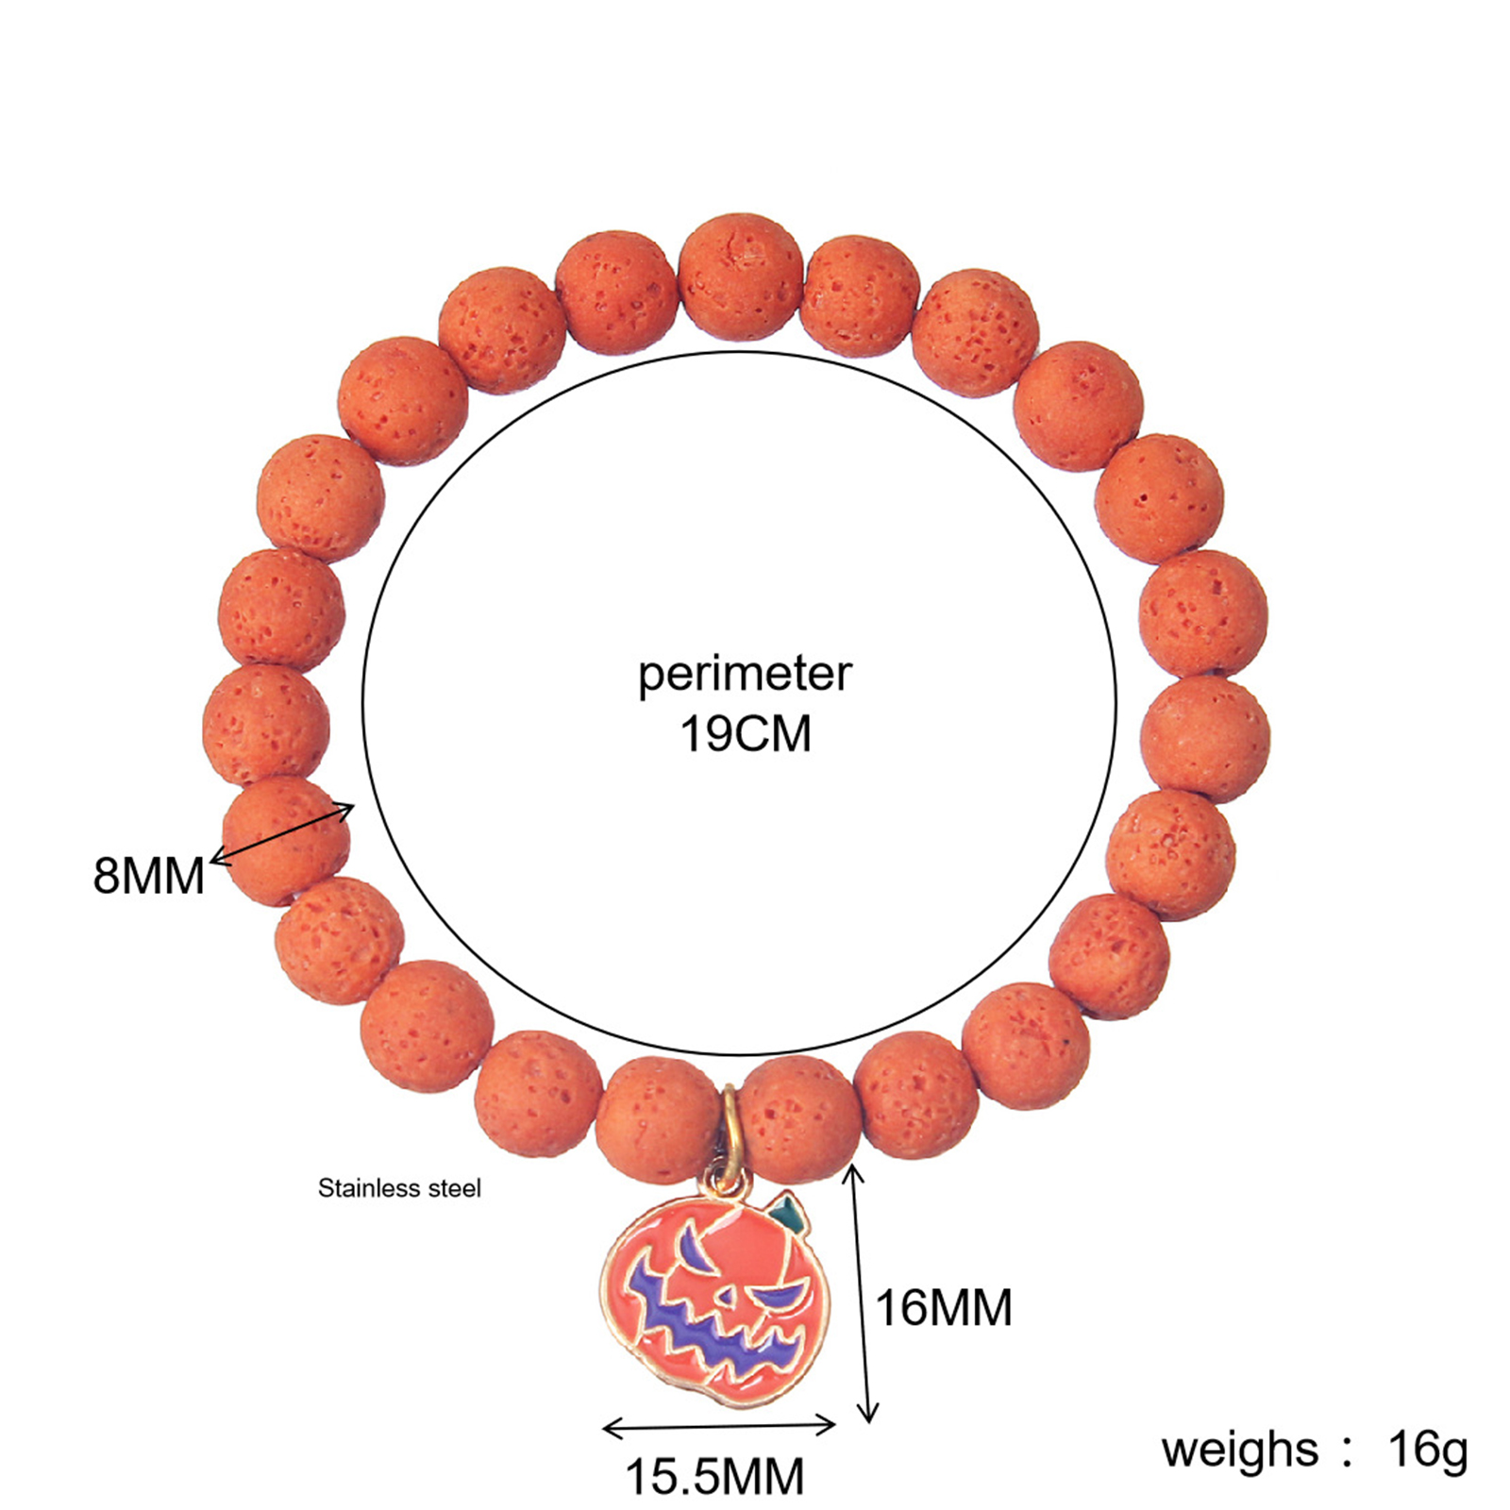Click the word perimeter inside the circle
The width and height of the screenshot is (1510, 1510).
coord(745,676)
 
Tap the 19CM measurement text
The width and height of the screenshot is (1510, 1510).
coord(746,734)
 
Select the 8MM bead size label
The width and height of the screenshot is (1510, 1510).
coord(149,875)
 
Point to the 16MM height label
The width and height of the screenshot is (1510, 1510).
coord(944,1308)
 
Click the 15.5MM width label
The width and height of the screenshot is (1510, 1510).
coord(715,1476)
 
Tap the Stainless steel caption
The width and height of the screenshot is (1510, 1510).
coord(399,1188)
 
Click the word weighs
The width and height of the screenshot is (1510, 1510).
coord(1239,1451)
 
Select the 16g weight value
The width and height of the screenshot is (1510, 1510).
coord(1428,1451)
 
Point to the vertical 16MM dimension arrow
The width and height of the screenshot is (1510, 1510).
coord(861,1292)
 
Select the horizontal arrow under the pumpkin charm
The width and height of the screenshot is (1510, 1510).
coord(719,1428)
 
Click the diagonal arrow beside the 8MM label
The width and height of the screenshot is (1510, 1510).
coord(283,832)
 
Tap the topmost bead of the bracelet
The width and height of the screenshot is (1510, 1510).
coord(742,277)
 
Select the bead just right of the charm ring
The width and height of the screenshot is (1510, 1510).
coord(799,1119)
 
